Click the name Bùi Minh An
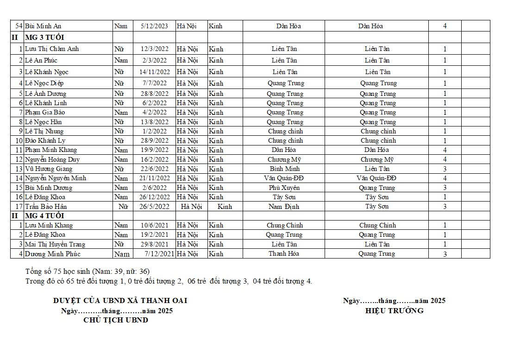tap(43, 26)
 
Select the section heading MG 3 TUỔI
tap(44, 37)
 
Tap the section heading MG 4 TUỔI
tap(44, 216)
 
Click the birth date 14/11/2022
tap(155, 72)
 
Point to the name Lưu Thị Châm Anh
tap(51, 49)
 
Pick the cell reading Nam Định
tap(284, 207)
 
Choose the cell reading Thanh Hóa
tap(284, 253)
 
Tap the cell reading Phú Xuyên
tap(284, 188)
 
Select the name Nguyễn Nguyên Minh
tap(56, 178)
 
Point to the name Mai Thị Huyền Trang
tap(55, 244)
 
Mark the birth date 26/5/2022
tap(155, 207)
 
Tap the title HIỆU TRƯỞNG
tap(394, 311)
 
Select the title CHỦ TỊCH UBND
tap(116, 320)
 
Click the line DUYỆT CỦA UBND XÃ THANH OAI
tap(120, 301)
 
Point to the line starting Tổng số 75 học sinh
tap(88, 271)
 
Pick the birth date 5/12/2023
tap(155, 26)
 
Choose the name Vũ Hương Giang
tap(48, 169)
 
